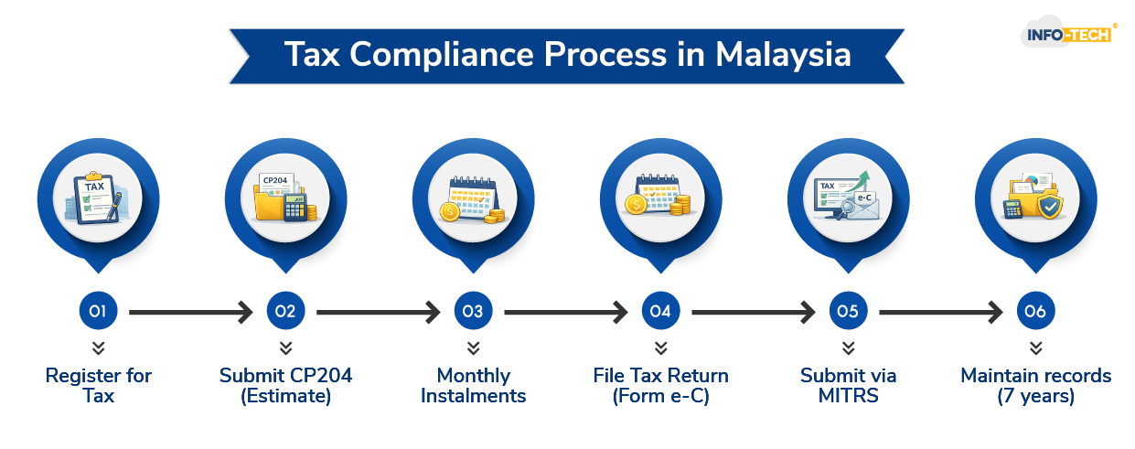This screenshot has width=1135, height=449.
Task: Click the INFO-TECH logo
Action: (1066, 35)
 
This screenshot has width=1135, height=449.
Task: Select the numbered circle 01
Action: (99, 312)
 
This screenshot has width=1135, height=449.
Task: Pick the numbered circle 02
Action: (285, 312)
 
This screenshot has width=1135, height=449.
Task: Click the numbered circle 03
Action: (473, 312)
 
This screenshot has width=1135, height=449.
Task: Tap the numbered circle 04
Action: (660, 312)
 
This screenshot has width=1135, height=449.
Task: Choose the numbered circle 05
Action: (848, 312)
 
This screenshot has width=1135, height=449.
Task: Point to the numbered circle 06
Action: (1035, 312)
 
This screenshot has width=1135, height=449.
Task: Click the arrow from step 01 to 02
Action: (191, 313)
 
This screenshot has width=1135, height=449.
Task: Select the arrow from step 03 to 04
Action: (566, 313)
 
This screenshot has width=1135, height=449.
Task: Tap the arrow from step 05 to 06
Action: (941, 313)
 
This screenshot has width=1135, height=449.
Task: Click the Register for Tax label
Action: (99, 386)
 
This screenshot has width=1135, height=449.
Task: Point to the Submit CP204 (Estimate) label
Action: (285, 386)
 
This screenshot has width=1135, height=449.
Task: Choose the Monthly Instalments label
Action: (473, 386)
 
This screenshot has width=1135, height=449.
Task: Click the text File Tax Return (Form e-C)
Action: (660, 386)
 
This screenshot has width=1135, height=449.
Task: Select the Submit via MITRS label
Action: (848, 386)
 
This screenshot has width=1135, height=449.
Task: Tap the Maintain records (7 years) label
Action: (1035, 386)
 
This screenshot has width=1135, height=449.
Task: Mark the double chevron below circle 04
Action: (660, 348)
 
